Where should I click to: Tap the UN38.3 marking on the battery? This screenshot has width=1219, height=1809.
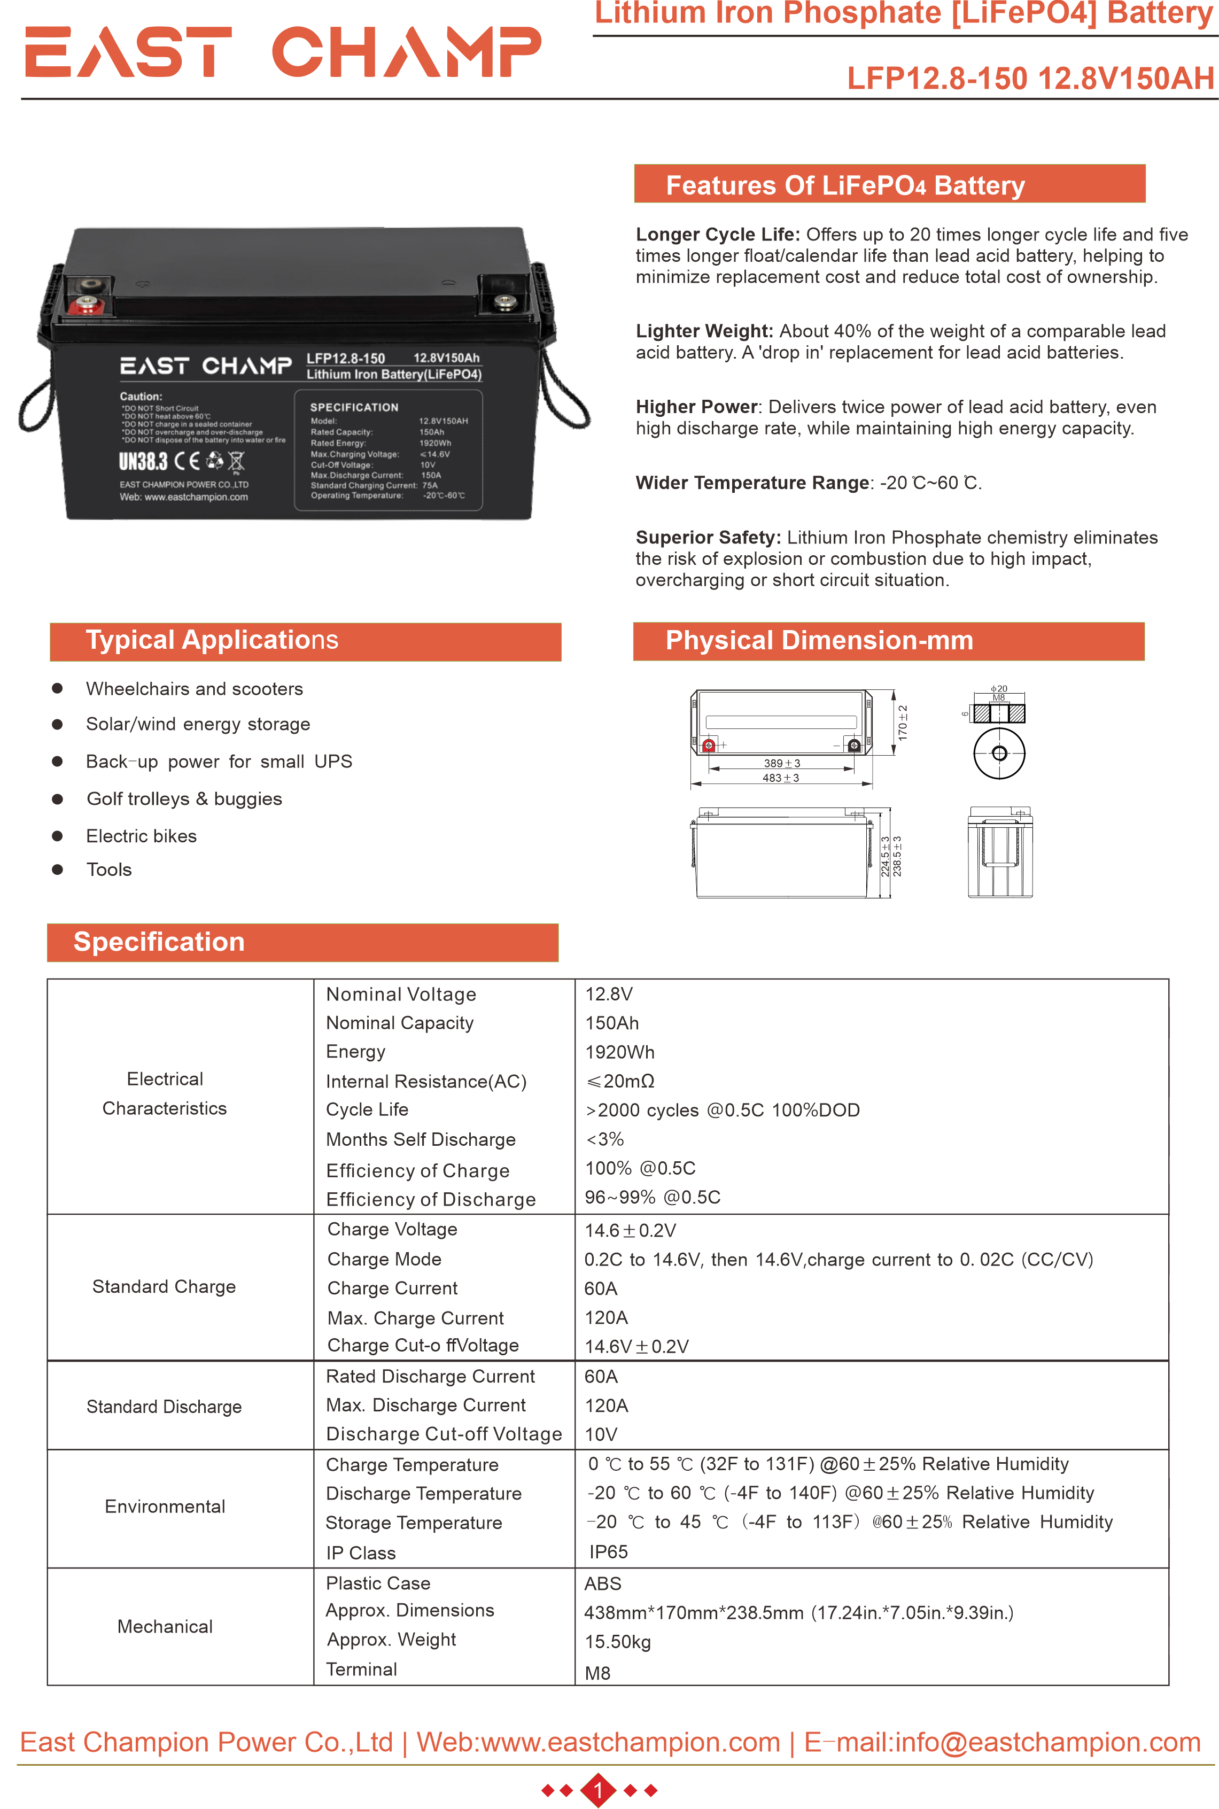pos(143,462)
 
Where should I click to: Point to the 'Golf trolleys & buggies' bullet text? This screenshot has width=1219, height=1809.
pos(184,798)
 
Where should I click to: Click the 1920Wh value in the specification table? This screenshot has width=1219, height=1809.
pos(619,1052)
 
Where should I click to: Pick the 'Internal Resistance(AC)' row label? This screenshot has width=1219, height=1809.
pos(426,1081)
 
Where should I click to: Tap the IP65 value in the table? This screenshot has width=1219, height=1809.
pos(608,1552)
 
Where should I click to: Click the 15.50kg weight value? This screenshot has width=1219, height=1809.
pos(617,1642)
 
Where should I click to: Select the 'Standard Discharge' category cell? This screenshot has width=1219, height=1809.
pos(164,1406)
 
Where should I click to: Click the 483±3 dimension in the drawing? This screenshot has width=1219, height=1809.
pos(781,778)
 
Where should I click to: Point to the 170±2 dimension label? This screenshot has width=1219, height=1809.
pos(903,721)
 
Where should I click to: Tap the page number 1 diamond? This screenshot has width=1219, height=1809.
pos(598,1790)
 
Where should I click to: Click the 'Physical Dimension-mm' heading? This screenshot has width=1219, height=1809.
pos(819,641)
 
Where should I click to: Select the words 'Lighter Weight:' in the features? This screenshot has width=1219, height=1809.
pos(704,331)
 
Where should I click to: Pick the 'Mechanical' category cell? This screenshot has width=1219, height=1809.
pos(165,1626)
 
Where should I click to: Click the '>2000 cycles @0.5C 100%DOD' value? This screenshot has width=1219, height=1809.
pos(722,1110)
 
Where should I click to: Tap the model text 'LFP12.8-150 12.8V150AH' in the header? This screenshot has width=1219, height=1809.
pos(1030,77)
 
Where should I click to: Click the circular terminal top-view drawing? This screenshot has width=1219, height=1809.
pos(999,752)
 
